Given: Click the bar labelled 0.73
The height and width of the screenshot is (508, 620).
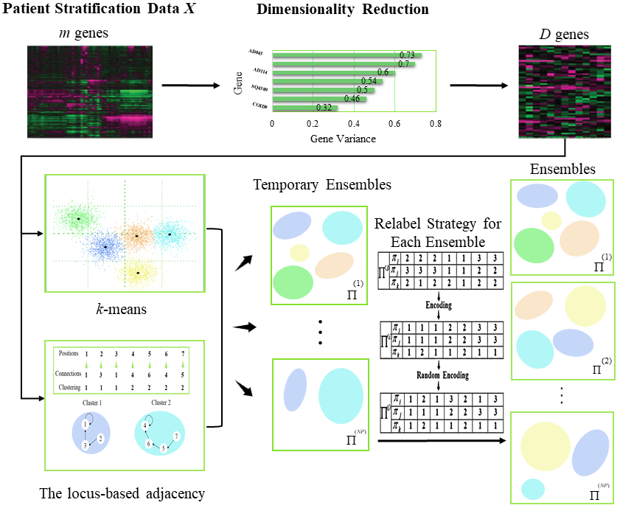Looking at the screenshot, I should tap(346, 55).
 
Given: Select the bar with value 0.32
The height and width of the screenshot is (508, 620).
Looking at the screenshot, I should tap(304, 108).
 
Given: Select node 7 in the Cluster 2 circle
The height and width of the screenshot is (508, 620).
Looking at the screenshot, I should tap(175, 437).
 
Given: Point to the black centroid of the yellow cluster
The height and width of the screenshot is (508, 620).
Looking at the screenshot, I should tap(138, 273).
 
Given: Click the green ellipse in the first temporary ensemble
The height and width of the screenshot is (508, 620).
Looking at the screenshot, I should tap(293, 282).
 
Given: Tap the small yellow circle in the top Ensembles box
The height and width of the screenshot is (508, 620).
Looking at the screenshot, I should tap(551, 220).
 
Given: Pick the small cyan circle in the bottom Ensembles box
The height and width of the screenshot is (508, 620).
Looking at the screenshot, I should tap(532, 489).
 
